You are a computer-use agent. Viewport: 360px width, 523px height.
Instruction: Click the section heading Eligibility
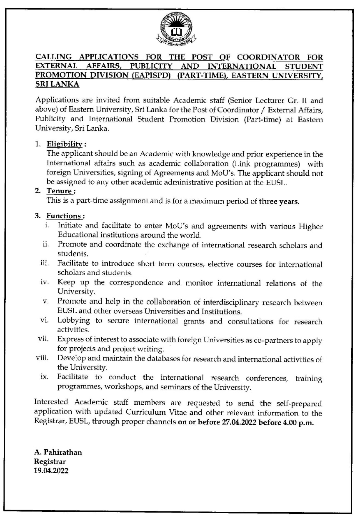point(64,144)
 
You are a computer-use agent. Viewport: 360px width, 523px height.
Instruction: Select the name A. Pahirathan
point(58,452)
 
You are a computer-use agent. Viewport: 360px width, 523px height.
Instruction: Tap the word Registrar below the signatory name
point(50,461)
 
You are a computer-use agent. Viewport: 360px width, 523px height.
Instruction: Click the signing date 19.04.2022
point(51,471)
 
